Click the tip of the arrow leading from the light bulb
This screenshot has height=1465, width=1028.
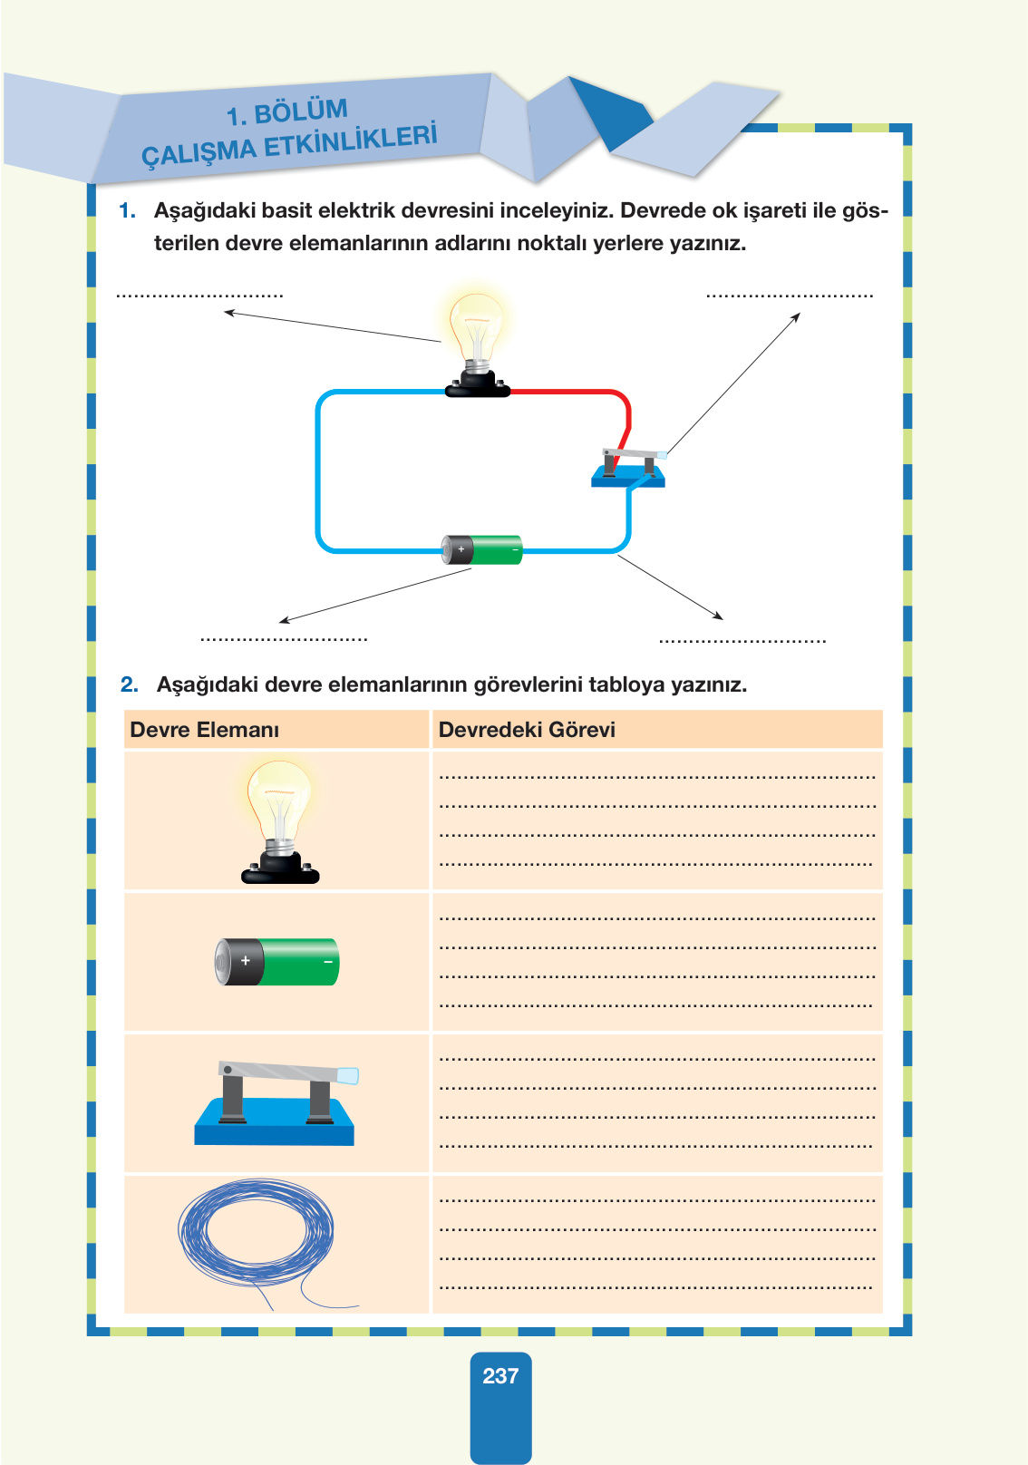[x=224, y=312]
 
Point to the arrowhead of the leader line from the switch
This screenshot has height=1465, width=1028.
[x=800, y=314]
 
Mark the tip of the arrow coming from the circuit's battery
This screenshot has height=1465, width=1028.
[x=279, y=622]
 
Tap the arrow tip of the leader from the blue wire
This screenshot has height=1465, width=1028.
[x=723, y=618]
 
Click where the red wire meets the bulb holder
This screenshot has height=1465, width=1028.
[x=510, y=393]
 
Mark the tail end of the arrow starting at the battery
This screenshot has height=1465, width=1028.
[x=470, y=569]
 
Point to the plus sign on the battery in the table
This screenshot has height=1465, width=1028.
[x=246, y=961]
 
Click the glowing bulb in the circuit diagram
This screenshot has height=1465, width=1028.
[x=478, y=345]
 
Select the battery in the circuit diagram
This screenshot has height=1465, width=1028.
[x=482, y=549]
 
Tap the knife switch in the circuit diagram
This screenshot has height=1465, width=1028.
[x=628, y=468]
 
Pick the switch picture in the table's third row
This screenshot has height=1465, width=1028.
[x=275, y=1103]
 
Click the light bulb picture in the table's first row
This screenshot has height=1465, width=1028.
[x=280, y=822]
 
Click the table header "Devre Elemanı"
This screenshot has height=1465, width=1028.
[x=205, y=729]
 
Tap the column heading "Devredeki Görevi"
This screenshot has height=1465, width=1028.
[x=527, y=729]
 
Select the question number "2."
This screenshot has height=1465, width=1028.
[x=129, y=684]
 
